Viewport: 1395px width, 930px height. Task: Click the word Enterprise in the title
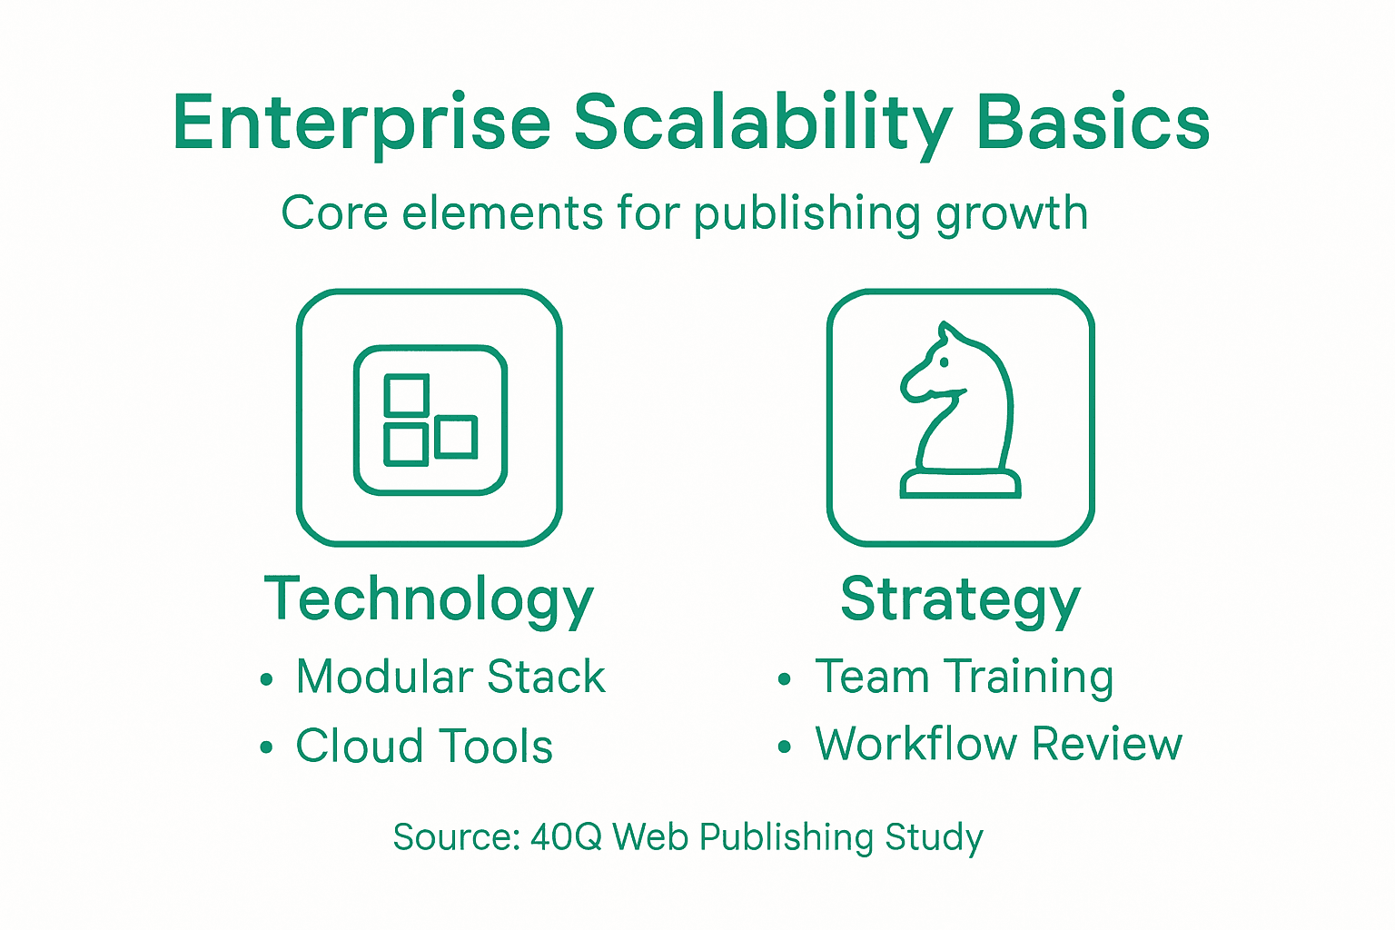[361, 124]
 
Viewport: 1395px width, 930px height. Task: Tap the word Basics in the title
[1093, 124]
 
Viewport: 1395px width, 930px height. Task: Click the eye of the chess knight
[945, 362]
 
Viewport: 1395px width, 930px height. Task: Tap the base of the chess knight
[960, 484]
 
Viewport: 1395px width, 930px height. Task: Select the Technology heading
[429, 599]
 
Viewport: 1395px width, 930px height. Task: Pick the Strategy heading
[960, 599]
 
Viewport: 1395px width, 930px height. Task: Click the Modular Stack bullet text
[450, 677]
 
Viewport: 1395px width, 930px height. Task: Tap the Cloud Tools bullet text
[424, 747]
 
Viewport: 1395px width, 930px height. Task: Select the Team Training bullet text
[964, 677]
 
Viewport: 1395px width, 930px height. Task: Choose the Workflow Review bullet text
[998, 745]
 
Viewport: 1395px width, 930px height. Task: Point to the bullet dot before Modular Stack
[266, 679]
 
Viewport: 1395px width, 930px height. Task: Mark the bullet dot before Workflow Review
[785, 747]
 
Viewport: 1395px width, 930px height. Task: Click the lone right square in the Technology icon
[456, 437]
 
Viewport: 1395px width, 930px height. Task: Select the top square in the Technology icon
[406, 395]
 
